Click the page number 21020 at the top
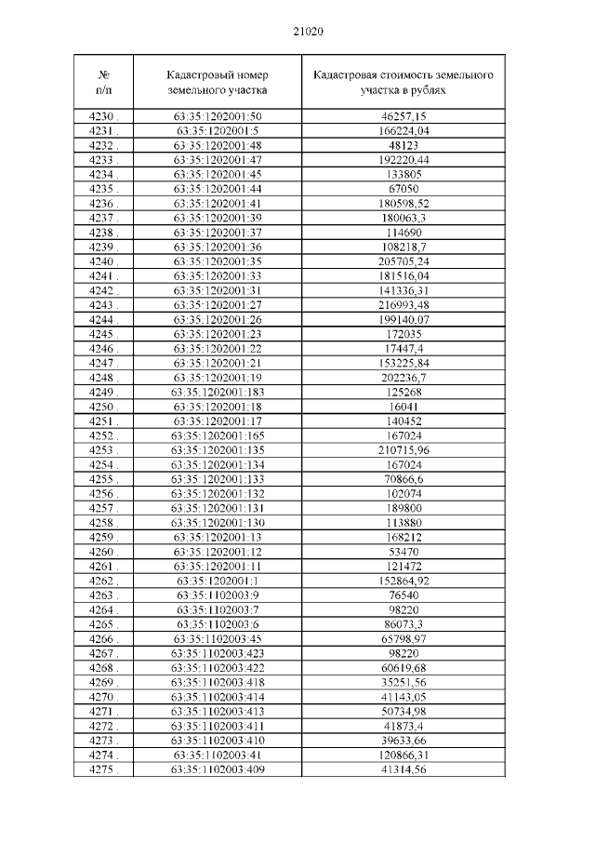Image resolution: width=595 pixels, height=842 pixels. coord(309,31)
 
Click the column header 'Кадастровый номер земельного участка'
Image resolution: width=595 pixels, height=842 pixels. coord(217,82)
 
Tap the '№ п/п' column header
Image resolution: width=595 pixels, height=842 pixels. coord(104,82)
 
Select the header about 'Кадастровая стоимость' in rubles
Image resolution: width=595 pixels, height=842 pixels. coord(403,82)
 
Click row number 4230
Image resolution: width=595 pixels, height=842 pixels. coord(102,116)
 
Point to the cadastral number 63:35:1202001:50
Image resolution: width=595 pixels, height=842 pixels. coord(218,116)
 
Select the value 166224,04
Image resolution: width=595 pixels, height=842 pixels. coord(403,131)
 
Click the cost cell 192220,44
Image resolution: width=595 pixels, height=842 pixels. coord(403,160)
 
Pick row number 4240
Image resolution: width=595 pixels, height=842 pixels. coord(102,262)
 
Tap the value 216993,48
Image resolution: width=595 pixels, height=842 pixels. coord(403,306)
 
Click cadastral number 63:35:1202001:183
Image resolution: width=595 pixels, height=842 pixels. coord(218,394)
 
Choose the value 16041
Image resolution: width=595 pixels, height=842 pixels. coord(403,408)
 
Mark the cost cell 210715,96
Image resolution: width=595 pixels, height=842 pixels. coord(403,451)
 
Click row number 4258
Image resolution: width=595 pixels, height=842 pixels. coord(102,524)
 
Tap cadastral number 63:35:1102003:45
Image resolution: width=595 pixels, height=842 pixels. coord(218,640)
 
